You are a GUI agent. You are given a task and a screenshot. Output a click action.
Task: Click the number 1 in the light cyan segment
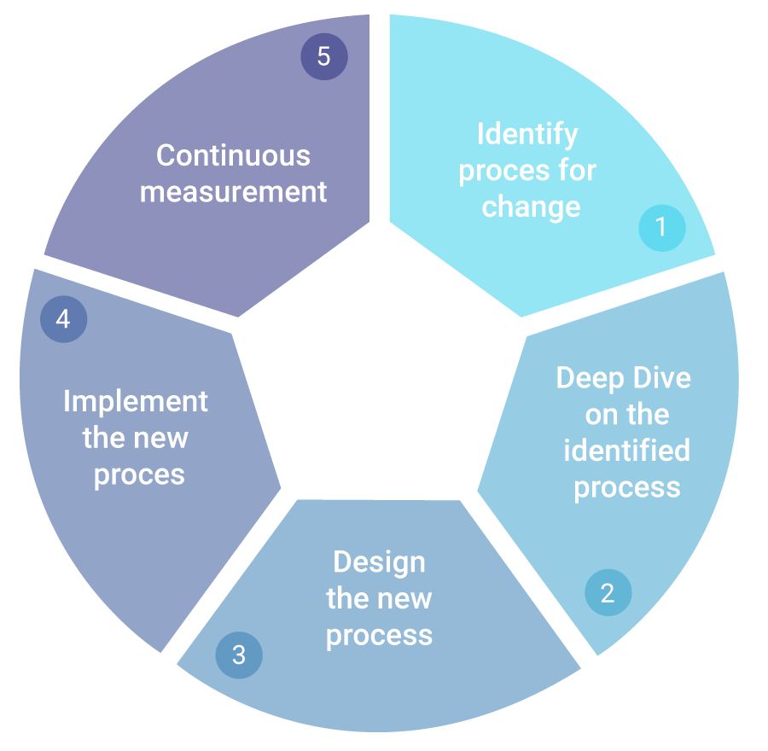point(660,227)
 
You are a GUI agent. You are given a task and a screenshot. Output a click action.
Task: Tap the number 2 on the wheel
point(607,593)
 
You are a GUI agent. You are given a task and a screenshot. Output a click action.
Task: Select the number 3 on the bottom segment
point(239,655)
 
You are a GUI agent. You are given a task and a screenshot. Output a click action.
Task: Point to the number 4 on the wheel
point(62,319)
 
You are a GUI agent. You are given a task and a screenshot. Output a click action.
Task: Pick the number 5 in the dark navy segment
point(323,57)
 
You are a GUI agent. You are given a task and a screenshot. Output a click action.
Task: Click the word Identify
point(527,134)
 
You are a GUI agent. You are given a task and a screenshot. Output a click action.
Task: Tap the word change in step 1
point(531,207)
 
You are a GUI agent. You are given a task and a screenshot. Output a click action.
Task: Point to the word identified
point(626,450)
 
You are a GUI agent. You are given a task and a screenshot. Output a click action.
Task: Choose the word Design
point(379,562)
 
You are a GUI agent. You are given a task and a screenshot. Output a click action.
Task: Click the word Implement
point(136,401)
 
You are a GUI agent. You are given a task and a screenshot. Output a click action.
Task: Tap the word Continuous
point(233,155)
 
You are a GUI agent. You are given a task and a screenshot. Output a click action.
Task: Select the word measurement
point(233,191)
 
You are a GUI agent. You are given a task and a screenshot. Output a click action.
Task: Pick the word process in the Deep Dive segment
point(626,486)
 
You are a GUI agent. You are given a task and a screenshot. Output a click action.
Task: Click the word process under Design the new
point(379,635)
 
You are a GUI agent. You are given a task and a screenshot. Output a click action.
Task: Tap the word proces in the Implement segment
point(138,474)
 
